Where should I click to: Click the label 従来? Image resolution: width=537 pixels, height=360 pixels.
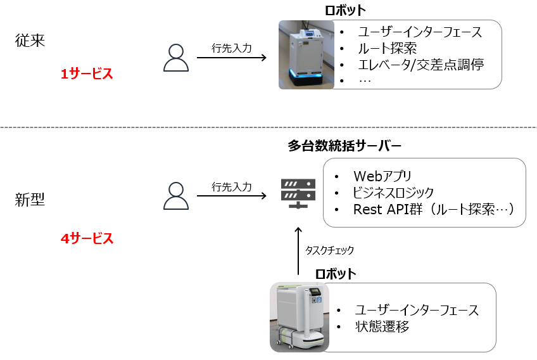[30, 41]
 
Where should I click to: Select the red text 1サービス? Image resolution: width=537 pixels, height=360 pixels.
[87, 74]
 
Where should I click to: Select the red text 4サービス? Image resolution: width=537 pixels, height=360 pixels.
[87, 239]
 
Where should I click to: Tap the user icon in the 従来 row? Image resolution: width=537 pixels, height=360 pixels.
[175, 58]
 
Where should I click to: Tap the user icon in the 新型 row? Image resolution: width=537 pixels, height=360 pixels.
[175, 196]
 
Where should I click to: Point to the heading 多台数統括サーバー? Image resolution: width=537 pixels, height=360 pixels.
[344, 146]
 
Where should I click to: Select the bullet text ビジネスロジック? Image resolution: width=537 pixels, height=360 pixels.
[394, 193]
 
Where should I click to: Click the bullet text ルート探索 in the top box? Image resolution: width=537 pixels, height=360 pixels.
[387, 48]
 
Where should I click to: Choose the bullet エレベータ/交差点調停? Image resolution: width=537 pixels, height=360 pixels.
[421, 65]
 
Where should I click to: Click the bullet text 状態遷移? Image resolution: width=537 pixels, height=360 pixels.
[382, 327]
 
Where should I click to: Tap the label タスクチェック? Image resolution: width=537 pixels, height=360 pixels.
[329, 250]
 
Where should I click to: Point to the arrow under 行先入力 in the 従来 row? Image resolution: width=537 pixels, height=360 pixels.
[231, 58]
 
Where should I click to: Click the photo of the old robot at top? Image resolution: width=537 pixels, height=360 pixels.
[306, 54]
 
